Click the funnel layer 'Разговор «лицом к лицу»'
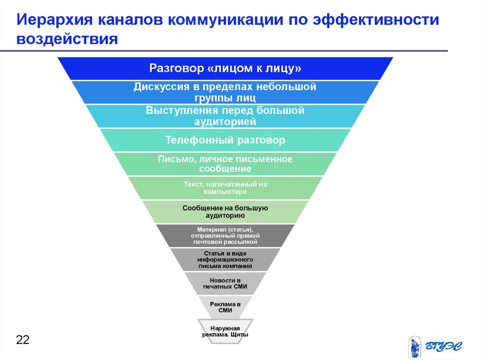click(225, 69)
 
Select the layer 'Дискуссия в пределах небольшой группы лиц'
click(225, 92)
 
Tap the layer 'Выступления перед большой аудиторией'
click(225, 116)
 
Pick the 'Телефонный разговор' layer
click(225, 140)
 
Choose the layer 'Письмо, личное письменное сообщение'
click(225, 164)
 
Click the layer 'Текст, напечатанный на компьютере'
click(225, 188)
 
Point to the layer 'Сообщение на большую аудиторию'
click(225, 212)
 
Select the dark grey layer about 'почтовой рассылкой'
click(225, 236)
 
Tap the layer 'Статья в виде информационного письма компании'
click(225, 260)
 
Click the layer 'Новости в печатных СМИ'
click(225, 283)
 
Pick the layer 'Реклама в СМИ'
click(225, 307)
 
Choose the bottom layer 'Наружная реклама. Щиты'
click(225, 331)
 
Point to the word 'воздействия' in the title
click(67, 38)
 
